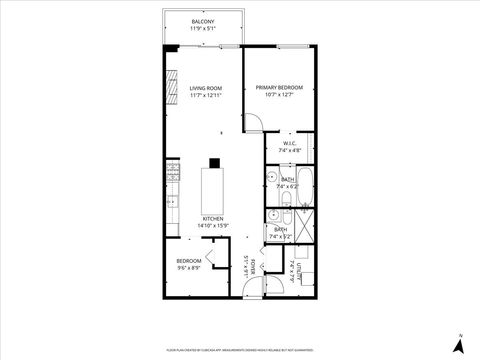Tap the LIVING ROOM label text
pos(206,88)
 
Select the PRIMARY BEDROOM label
pos(279,88)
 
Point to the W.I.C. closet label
pos(288,143)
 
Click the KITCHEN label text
pos(213,218)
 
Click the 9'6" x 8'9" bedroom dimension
pos(189,268)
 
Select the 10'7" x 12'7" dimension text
pos(279,96)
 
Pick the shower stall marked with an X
pos(306,221)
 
